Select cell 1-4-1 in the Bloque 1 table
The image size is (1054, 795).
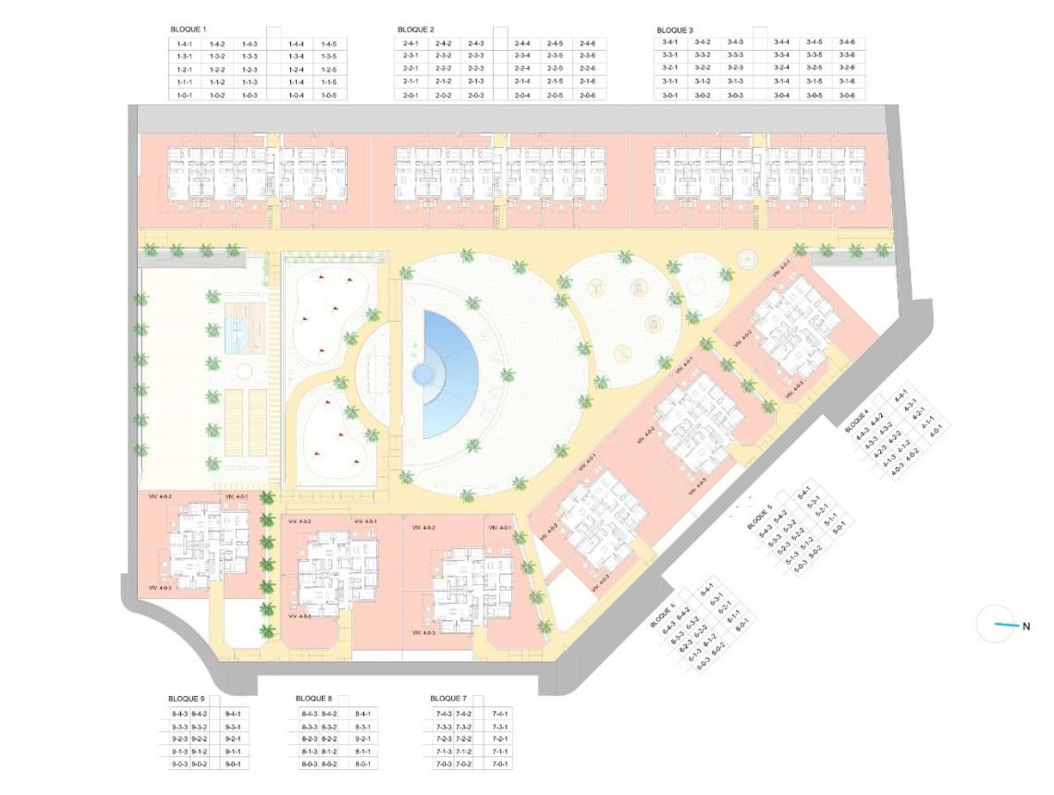182,43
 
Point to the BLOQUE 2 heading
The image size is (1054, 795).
415,30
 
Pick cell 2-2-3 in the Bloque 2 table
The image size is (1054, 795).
476,69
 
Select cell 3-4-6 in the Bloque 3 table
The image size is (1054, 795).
847,43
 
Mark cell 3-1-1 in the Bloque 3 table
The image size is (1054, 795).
671,82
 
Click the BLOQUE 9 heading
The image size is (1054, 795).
187,699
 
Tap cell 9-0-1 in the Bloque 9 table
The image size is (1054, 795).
233,764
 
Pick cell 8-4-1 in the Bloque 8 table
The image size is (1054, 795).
363,714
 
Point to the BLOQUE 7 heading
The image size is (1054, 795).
449,699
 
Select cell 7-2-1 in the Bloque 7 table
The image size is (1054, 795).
500,739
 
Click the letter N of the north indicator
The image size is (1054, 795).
1026,626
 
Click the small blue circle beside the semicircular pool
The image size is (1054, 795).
423,374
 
